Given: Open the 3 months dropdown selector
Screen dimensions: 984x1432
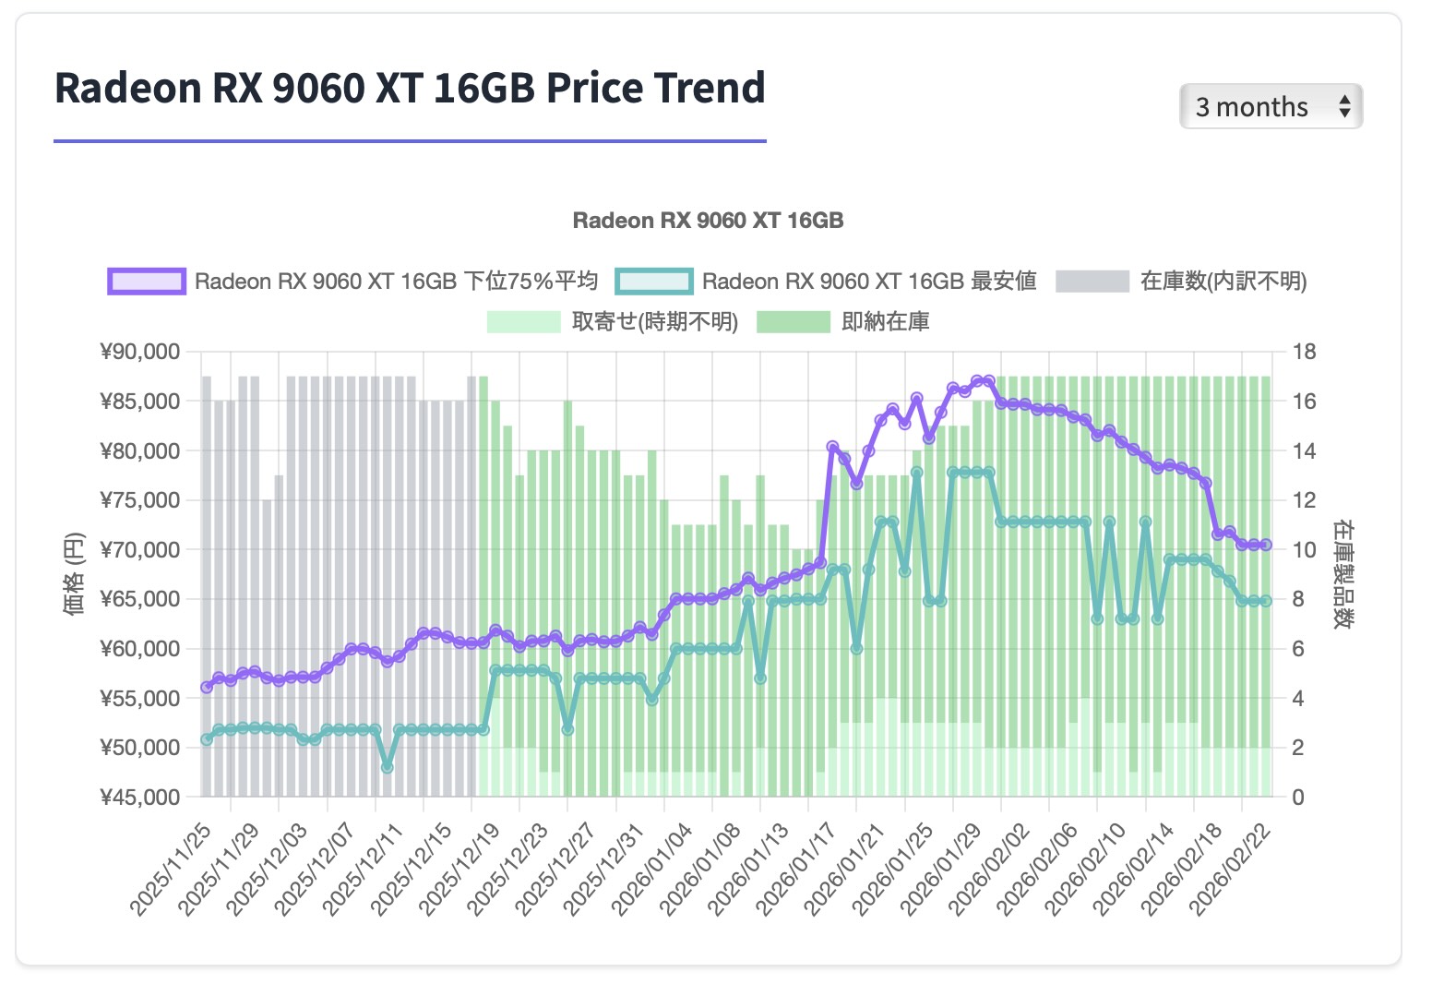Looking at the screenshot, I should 1270,107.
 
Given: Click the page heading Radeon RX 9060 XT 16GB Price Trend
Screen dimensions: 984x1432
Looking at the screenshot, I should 410,89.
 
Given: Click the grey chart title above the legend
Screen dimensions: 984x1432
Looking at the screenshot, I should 708,221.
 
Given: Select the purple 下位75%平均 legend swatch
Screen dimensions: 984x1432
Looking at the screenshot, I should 147,282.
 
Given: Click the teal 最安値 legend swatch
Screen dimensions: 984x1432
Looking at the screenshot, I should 654,282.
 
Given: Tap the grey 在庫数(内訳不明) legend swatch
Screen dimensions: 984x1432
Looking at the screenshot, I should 1092,282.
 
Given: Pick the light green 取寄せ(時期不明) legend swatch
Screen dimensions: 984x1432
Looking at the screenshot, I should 523,322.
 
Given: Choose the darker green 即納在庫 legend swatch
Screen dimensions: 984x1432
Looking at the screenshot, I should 793,322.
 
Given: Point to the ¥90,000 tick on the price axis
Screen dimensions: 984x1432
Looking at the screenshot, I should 139,352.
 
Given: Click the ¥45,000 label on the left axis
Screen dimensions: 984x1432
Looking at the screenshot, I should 139,797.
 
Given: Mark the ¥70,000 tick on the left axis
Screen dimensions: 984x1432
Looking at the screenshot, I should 139,549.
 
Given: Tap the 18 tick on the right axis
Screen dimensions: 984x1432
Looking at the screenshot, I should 1304,352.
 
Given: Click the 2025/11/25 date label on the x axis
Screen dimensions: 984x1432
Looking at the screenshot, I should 173,869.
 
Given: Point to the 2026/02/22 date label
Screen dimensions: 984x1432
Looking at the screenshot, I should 1232,869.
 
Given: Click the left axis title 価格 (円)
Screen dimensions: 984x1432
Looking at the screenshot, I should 74,573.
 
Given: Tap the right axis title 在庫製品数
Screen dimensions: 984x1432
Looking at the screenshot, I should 1342,573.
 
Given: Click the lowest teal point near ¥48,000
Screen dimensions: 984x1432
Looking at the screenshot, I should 388,767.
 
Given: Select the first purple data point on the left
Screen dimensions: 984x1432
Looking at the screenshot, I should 207,687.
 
